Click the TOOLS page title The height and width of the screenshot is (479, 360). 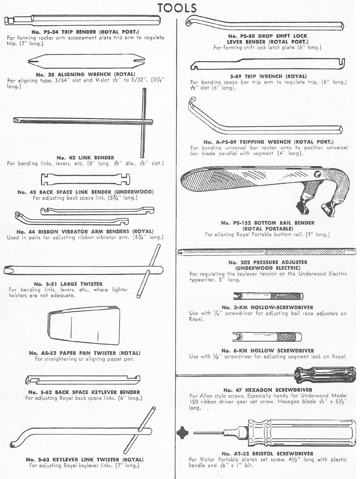(x=177, y=8)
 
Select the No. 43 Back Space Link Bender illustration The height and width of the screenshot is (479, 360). (x=86, y=179)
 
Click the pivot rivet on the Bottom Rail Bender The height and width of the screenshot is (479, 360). (x=317, y=175)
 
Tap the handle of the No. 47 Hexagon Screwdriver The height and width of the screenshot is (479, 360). (x=325, y=375)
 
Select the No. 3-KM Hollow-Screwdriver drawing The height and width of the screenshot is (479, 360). (x=269, y=297)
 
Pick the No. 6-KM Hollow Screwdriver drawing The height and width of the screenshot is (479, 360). (x=267, y=337)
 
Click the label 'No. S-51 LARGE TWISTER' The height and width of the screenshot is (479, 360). (x=68, y=284)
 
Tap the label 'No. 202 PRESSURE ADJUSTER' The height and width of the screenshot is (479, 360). (x=268, y=262)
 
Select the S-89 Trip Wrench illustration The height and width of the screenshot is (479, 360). (x=267, y=64)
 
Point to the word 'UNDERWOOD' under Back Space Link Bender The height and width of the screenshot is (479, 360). (x=134, y=192)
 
